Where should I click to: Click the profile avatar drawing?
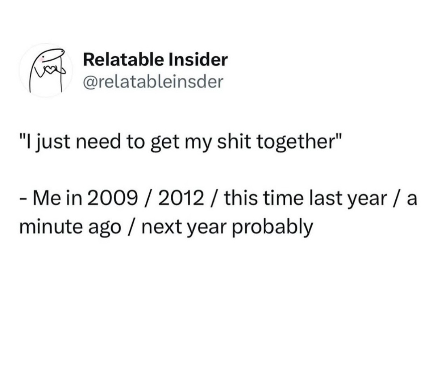tap(46, 70)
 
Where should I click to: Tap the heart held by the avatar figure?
tap(50, 71)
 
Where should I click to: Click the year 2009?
tap(112, 199)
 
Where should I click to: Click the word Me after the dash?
tap(46, 199)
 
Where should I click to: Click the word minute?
tap(51, 227)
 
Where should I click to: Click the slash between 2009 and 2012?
tap(148, 199)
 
